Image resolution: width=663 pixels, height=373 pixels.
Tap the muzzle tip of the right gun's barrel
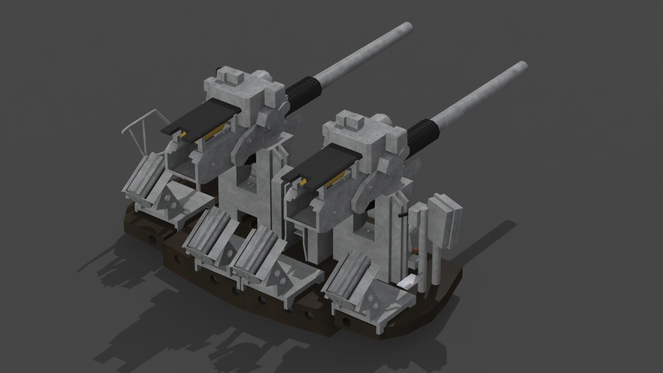pyautogui.click(x=523, y=66)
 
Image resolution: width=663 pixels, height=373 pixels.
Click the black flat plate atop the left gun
pyautogui.click(x=198, y=119)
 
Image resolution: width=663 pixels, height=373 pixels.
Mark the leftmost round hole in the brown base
pyautogui.click(x=151, y=239)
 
